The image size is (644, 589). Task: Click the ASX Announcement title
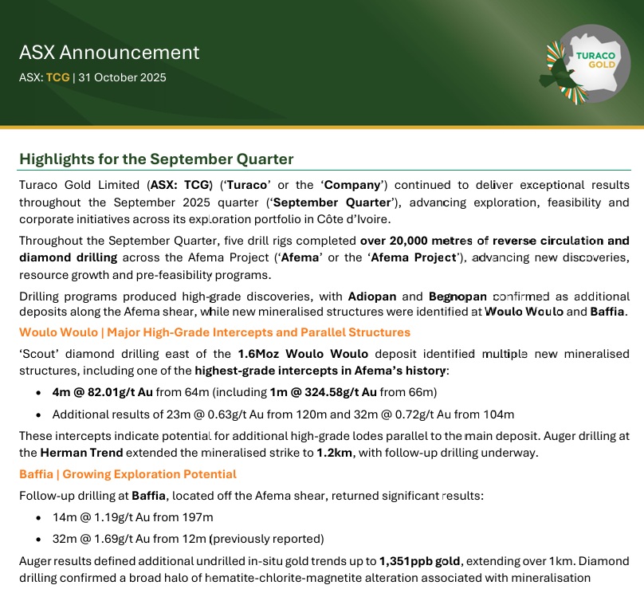(109, 53)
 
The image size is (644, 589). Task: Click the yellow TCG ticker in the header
(57, 78)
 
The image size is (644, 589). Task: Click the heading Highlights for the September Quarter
(156, 159)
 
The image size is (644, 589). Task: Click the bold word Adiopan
(371, 296)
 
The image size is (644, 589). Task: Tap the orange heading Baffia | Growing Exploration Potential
(128, 474)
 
